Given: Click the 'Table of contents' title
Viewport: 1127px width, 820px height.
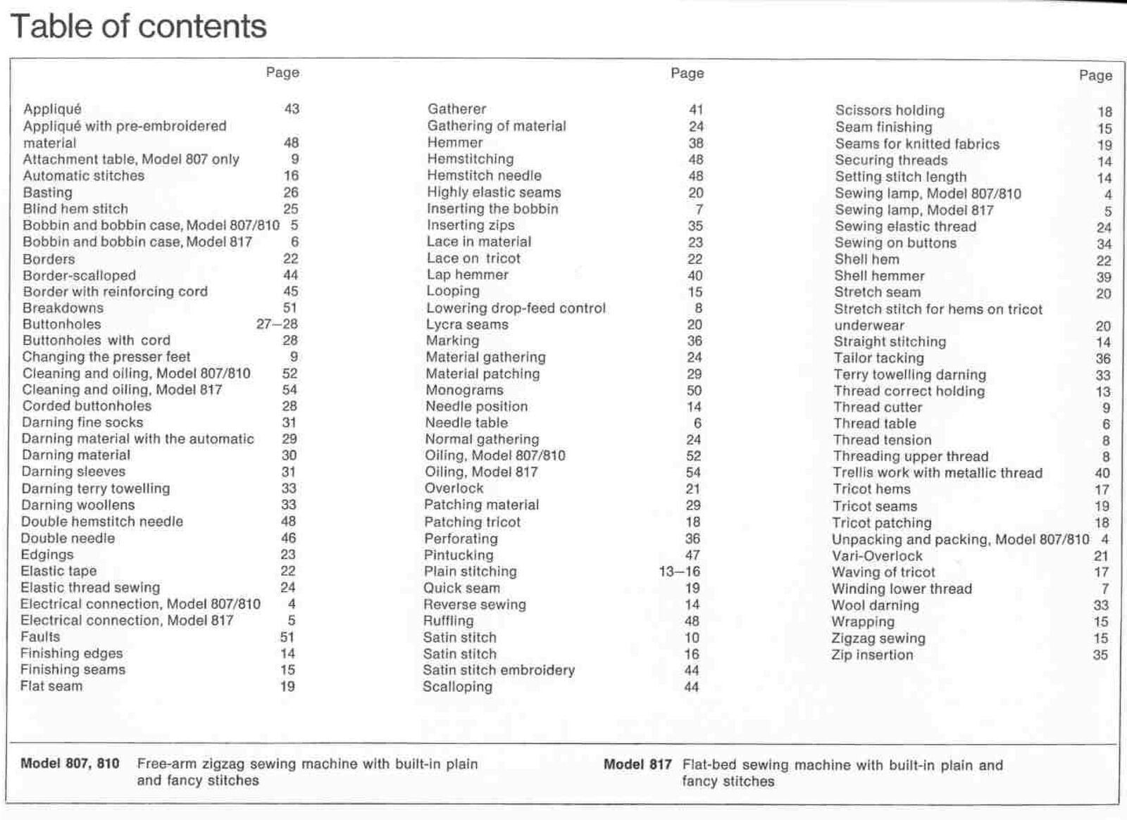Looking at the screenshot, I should pyautogui.click(x=139, y=27).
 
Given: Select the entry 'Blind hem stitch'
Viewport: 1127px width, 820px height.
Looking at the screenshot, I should pyautogui.click(x=75, y=209).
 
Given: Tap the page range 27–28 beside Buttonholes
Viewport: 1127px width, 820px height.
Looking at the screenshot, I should pyautogui.click(x=277, y=324).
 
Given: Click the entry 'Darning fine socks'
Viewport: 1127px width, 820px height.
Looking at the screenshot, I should pyautogui.click(x=82, y=422).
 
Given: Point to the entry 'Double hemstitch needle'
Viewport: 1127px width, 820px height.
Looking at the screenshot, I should pyautogui.click(x=102, y=522).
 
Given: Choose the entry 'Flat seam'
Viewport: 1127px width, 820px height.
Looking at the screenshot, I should pyautogui.click(x=51, y=686).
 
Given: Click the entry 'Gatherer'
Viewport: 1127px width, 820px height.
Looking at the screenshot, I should pyautogui.click(x=456, y=109).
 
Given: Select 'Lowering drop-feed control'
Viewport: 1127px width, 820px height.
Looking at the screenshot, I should pyautogui.click(x=516, y=308).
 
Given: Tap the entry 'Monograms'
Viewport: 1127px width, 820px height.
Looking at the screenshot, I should pyautogui.click(x=464, y=390).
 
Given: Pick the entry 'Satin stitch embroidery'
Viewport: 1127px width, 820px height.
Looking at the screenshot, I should pyautogui.click(x=499, y=670).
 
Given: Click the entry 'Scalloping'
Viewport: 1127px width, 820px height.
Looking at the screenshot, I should pyautogui.click(x=457, y=687).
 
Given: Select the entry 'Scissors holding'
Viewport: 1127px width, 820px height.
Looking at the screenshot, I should pyautogui.click(x=890, y=111).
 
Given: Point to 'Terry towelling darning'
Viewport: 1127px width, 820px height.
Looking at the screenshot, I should pyautogui.click(x=910, y=374).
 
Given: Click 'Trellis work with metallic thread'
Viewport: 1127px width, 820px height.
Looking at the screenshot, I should pyautogui.click(x=938, y=473).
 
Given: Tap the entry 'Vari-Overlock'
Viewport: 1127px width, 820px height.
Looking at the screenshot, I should pyautogui.click(x=877, y=556).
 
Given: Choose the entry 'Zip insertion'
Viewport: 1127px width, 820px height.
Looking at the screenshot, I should pyautogui.click(x=872, y=655).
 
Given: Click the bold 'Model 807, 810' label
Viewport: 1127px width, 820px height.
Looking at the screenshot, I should pyautogui.click(x=70, y=764).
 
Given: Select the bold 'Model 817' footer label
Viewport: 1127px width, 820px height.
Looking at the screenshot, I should pyautogui.click(x=637, y=765).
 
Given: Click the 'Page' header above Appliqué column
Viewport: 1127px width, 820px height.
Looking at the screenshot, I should pyautogui.click(x=282, y=72).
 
